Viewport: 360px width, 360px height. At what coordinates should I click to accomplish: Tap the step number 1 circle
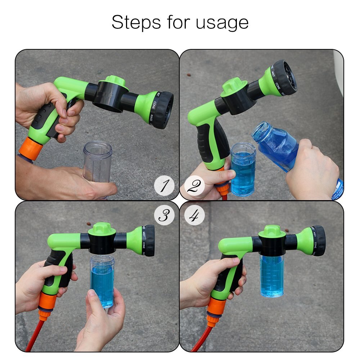coord(164,186)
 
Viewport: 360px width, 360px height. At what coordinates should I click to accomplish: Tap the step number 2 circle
coord(194,186)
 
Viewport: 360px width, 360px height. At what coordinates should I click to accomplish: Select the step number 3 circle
coord(164,216)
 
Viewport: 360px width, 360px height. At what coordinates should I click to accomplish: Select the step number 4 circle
coord(194,216)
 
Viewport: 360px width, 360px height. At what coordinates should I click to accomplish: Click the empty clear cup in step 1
coord(97,162)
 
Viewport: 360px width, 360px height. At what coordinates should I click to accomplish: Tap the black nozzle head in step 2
coord(284,77)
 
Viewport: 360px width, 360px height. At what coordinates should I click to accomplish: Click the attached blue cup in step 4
coord(272,275)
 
